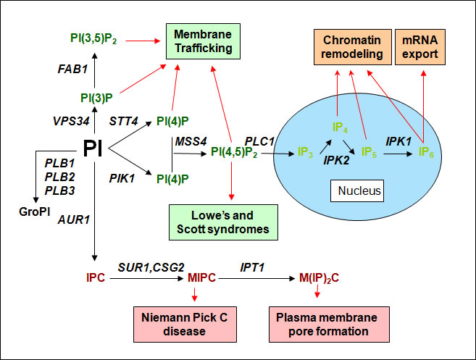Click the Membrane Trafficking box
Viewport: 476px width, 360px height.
(x=204, y=41)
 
